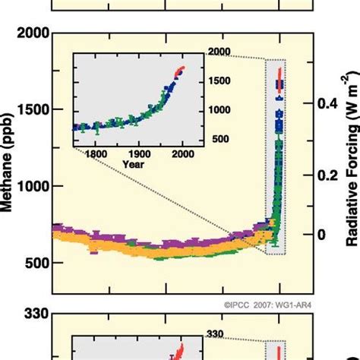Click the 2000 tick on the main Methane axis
click(31, 33)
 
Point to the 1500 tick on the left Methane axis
click(31, 109)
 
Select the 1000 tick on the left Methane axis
click(31, 186)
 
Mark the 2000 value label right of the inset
click(218, 52)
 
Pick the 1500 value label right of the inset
click(218, 81)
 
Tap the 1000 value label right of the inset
click(218, 110)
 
